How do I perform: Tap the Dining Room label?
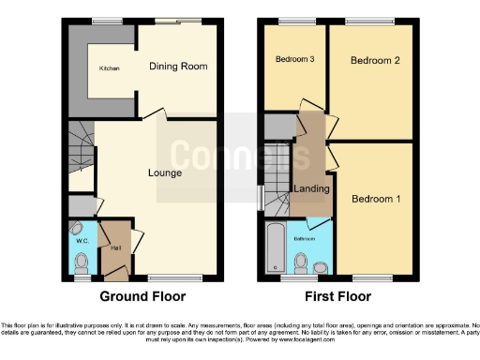point(178,67)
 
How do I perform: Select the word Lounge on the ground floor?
point(164,173)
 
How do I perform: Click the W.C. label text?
point(81,240)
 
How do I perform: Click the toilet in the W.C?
point(82,262)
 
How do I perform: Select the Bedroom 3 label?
point(292,60)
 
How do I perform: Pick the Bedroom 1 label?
point(375,199)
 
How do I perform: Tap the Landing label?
point(311,190)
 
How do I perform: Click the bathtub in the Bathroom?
point(275,246)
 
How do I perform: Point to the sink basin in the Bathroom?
point(321,267)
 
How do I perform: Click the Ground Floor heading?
point(142,296)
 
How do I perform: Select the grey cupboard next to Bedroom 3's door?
point(279,125)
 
